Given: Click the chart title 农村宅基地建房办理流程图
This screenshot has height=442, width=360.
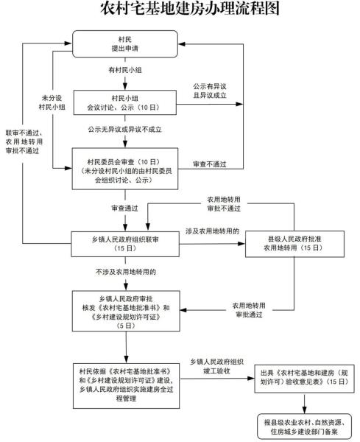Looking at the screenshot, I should pyautogui.click(x=180, y=10).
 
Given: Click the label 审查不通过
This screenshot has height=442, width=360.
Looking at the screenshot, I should pyautogui.click(x=209, y=164).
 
